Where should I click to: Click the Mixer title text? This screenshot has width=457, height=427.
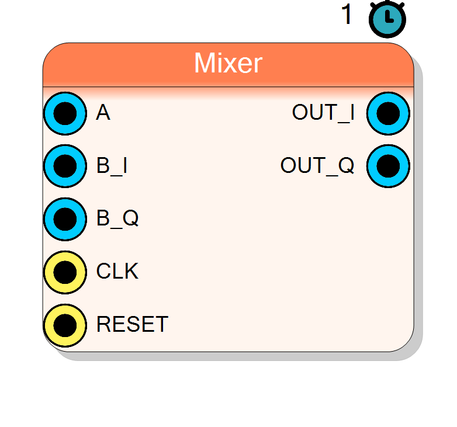point(228,63)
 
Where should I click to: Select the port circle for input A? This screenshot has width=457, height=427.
point(65,113)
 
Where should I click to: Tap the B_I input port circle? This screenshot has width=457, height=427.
point(65,166)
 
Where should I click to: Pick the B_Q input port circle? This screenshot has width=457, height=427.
point(65,219)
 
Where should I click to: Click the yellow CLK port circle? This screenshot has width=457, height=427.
point(65,272)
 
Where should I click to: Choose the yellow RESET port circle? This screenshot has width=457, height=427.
point(65,325)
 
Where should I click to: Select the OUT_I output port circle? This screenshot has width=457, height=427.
point(388,113)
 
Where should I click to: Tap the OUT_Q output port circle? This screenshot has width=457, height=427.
point(388,166)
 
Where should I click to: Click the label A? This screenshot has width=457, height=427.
point(103,112)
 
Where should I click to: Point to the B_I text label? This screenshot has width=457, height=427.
point(112,166)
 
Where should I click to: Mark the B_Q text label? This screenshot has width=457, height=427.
point(117,218)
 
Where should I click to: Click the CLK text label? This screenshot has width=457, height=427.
point(117,271)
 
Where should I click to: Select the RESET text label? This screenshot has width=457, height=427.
point(132,324)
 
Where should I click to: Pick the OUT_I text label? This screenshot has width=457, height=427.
point(323,113)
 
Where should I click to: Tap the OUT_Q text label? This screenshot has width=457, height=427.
point(317,166)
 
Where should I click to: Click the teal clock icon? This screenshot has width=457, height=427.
point(387,19)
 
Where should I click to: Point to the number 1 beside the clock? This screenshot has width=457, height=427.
point(347,14)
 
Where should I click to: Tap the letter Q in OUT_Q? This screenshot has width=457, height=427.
point(346,165)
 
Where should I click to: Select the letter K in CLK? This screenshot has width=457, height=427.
point(131,271)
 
